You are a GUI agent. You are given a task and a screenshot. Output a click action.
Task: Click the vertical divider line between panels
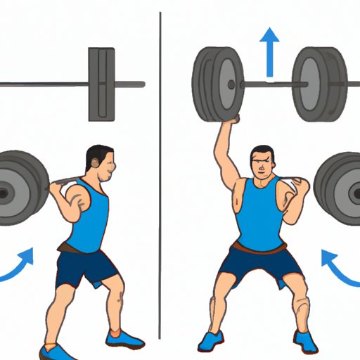coord(160,176)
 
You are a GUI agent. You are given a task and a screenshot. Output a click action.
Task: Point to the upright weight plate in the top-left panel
coord(102,83)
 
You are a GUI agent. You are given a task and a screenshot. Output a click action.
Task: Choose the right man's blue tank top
coord(262,214)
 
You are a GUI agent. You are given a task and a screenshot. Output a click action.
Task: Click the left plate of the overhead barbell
coord(217,82)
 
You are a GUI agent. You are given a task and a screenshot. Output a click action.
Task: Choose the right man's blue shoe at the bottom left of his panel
coord(212,342)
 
